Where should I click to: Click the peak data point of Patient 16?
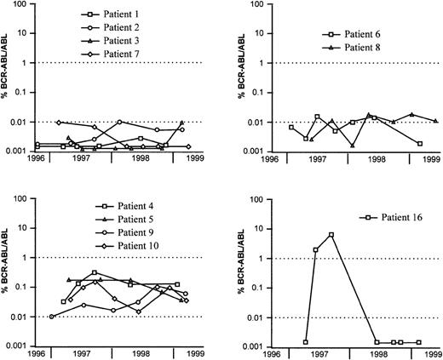pyautogui.click(x=331, y=235)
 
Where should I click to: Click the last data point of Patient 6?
pyautogui.click(x=420, y=143)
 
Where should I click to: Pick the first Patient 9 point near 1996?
pyautogui.click(x=52, y=317)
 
